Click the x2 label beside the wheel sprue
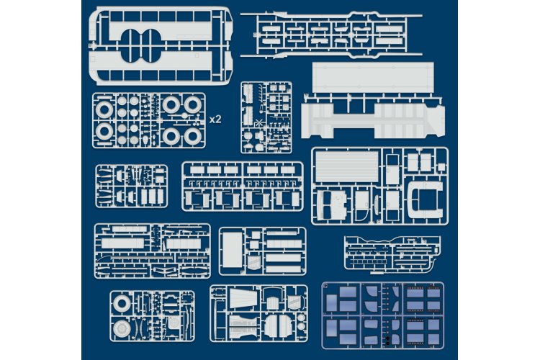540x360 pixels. click(215, 120)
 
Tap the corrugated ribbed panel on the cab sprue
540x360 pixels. click(347, 167)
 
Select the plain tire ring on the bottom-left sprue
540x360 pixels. click(122, 304)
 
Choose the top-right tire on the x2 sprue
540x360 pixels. click(192, 106)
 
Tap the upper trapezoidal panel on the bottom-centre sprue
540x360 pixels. click(238, 297)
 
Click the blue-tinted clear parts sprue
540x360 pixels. click(382, 315)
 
